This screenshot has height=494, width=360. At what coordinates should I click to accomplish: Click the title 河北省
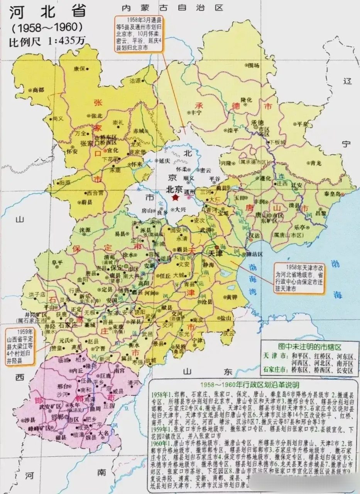pos(47,12)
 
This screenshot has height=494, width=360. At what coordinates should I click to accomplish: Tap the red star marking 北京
pos(176,198)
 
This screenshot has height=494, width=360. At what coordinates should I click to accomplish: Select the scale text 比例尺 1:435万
pos(47,40)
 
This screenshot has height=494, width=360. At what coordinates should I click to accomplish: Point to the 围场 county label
pos(253,66)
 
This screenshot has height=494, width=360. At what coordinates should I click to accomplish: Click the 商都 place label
pos(39,90)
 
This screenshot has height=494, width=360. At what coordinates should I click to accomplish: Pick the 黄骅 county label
pos(232,297)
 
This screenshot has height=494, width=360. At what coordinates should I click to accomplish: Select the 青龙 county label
pos(316,163)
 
